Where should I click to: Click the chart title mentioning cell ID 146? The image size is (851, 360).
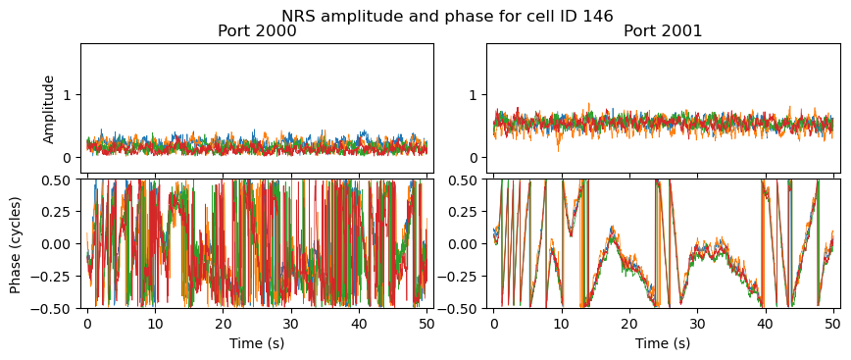[x=447, y=16]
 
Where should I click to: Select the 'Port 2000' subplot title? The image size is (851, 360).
[x=257, y=31]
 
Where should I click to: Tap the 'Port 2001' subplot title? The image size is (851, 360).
[x=663, y=31]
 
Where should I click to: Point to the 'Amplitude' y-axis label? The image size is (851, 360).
[x=49, y=109]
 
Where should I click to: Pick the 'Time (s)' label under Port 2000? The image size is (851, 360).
[x=257, y=343]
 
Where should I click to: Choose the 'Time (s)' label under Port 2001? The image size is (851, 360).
[x=663, y=343]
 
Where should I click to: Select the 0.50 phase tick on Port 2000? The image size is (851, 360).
[x=61, y=180]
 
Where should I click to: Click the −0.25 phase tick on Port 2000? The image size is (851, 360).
[x=56, y=277]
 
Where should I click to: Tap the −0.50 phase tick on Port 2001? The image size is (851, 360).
[x=462, y=308]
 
